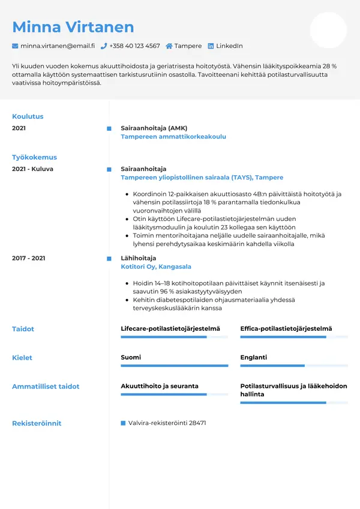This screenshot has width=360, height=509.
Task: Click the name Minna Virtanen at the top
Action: [x=73, y=27]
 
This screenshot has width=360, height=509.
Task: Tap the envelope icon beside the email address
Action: [x=15, y=46]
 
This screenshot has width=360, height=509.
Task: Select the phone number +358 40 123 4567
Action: [x=134, y=46]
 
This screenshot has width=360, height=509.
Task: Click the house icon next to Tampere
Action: [x=169, y=46]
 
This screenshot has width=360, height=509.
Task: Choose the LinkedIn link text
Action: [x=229, y=46]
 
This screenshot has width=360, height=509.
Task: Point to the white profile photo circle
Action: [x=328, y=30]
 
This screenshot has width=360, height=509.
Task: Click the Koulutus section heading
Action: [x=28, y=116]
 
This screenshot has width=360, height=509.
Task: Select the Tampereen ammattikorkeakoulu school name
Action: [x=173, y=137]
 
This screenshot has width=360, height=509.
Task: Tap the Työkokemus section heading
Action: [x=34, y=157]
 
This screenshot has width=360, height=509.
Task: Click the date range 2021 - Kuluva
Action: [x=32, y=169]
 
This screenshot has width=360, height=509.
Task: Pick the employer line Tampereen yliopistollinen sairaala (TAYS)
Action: [x=202, y=178]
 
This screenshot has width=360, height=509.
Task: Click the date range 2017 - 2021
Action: [x=29, y=258]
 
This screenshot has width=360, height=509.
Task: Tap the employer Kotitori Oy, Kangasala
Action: [x=156, y=267]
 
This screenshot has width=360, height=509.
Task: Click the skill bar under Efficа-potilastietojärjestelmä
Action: [x=293, y=337]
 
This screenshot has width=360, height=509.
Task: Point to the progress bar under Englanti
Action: [x=293, y=366]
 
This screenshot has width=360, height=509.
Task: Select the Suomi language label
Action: [x=131, y=358]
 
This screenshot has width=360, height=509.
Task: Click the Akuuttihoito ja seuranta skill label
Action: [x=160, y=387]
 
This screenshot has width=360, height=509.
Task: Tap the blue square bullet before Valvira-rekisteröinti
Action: [x=123, y=423]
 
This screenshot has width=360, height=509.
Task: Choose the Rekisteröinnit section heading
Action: [x=37, y=423]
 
